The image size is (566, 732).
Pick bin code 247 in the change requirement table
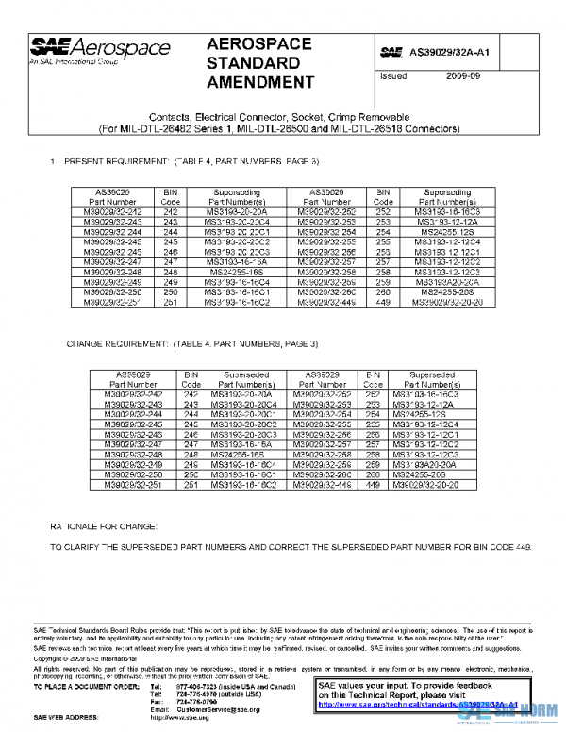(191, 443)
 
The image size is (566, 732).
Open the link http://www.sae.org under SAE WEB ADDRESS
(179, 718)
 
